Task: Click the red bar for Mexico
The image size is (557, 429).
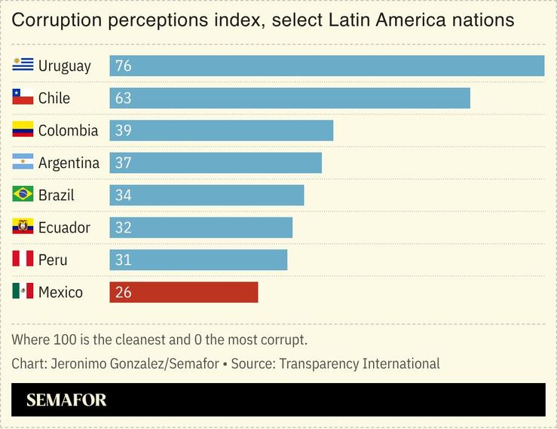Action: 184,292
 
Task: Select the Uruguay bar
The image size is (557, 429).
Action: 326,65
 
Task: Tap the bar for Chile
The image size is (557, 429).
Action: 289,98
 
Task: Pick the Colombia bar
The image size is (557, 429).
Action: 221,130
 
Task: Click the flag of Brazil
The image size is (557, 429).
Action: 23,194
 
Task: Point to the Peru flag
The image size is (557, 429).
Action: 23,259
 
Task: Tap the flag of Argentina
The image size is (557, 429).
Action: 23,162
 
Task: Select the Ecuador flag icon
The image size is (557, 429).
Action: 23,227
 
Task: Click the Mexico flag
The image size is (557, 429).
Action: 23,291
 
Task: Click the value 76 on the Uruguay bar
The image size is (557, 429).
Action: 124,66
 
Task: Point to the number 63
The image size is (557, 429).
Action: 124,99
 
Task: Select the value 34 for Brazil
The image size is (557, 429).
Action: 124,196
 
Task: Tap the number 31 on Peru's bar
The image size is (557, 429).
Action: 124,260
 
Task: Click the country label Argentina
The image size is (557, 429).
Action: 69,163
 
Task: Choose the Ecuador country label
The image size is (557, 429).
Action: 64,228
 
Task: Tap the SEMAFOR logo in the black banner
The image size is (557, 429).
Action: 66,400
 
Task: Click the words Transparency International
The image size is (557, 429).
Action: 360,364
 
